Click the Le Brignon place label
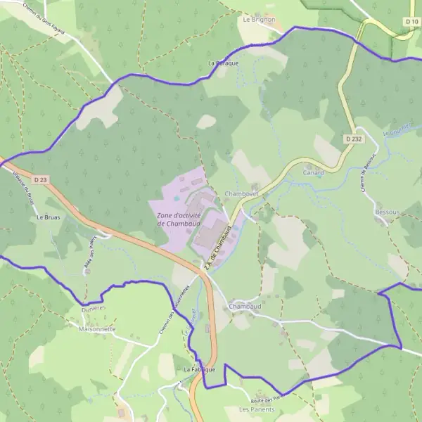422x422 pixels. [259, 20]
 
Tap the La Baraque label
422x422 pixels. [224, 63]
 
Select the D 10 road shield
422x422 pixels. [411, 22]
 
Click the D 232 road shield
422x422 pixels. [353, 139]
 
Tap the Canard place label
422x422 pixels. [313, 172]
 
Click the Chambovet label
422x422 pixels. [241, 193]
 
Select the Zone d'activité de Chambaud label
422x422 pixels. [179, 219]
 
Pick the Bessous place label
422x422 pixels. [387, 211]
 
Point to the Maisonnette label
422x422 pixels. [97, 328]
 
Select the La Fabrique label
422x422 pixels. [199, 369]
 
